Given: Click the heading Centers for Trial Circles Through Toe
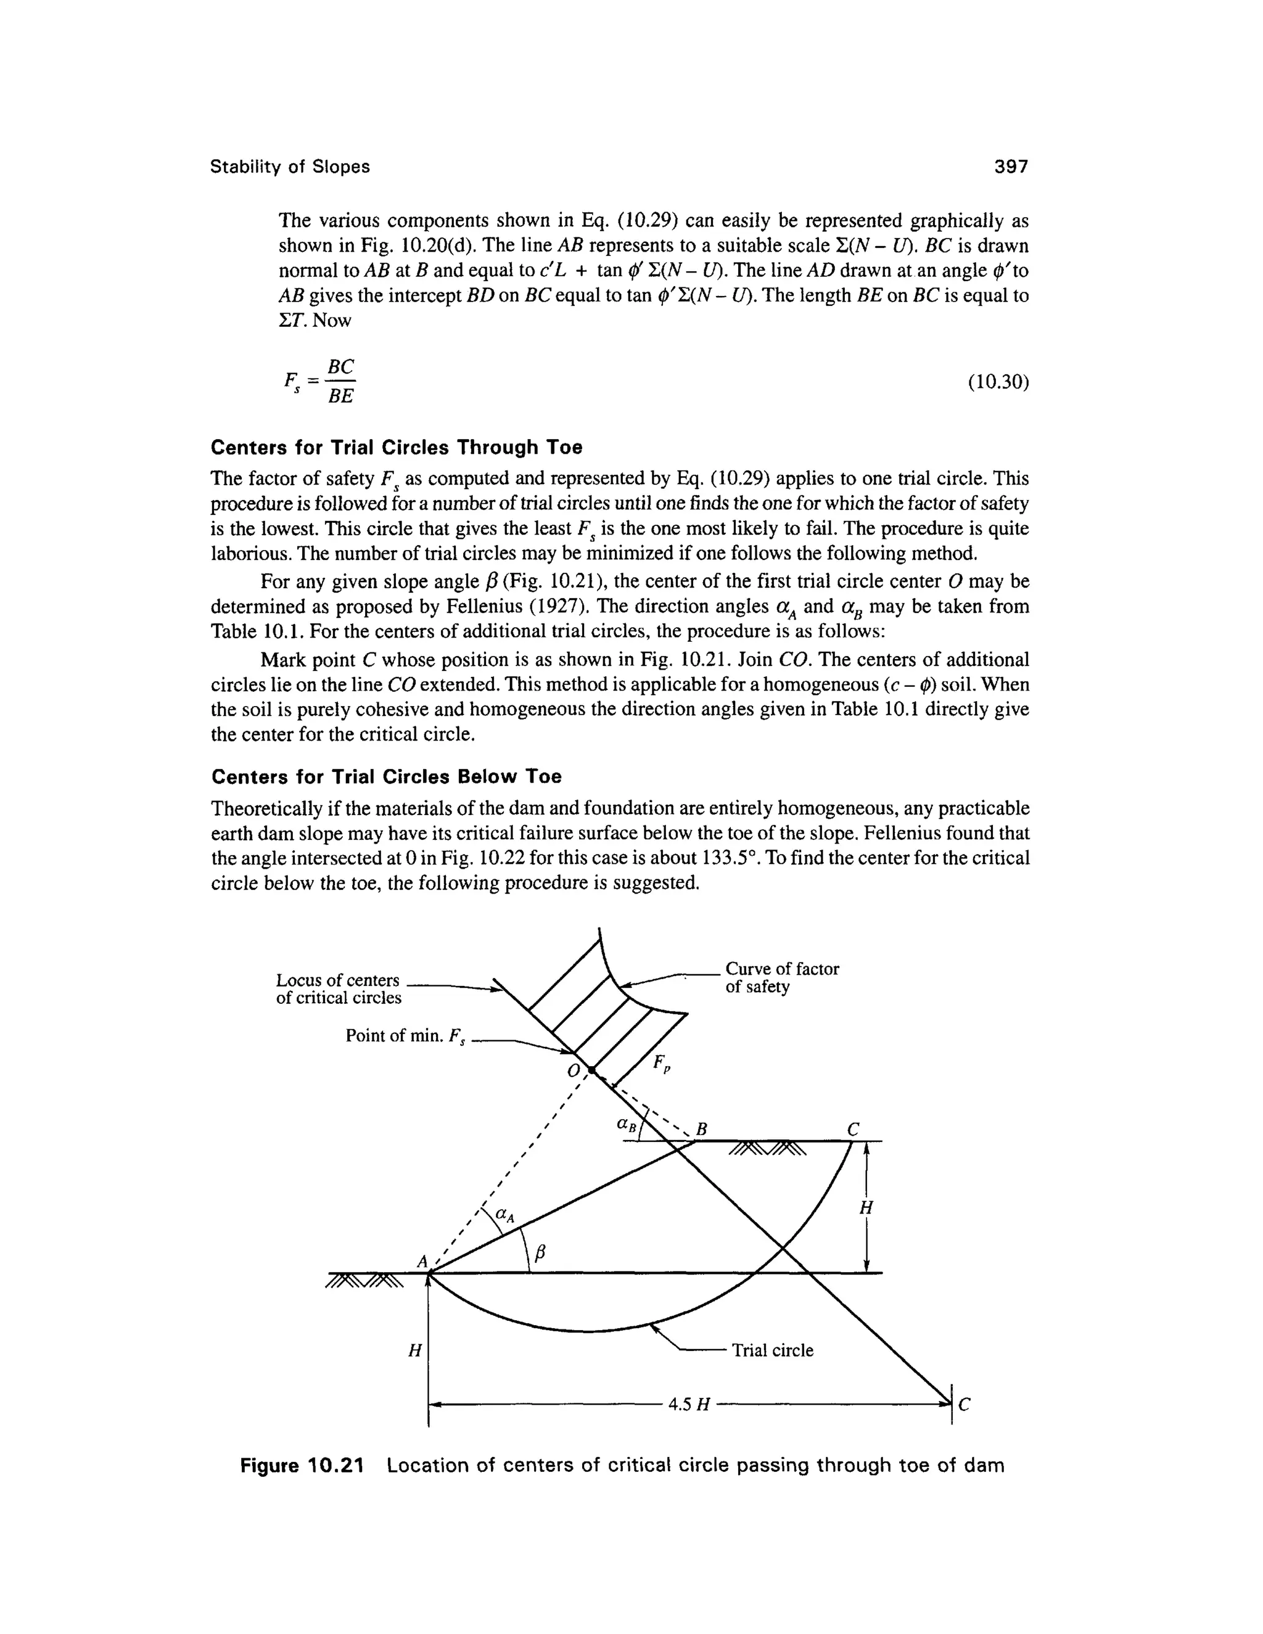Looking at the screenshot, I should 396,448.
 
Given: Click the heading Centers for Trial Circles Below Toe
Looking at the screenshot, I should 386,776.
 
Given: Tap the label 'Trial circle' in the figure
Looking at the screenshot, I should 772,1350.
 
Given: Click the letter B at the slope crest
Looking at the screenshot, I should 702,1128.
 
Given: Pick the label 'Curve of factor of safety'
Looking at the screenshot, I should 782,978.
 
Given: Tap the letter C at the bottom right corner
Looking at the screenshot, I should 964,1406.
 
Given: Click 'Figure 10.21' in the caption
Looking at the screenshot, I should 302,1466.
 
